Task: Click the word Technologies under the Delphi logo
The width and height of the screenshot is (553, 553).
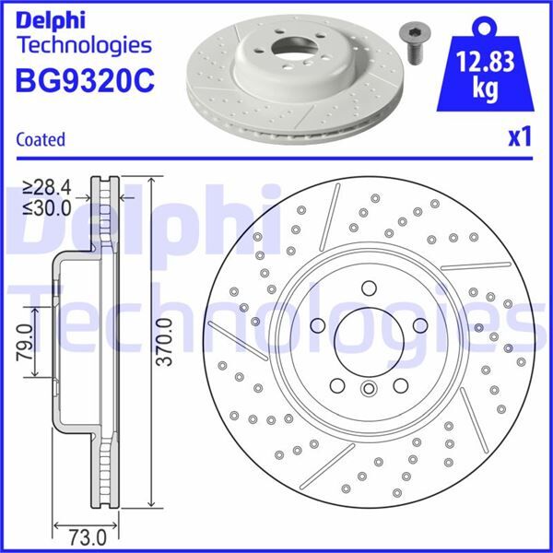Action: point(83,44)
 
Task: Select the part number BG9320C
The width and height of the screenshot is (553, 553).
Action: point(83,79)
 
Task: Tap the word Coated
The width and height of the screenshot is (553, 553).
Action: point(41,140)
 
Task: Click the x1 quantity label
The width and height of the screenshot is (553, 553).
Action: point(520,138)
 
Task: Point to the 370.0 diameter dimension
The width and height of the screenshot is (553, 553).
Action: point(164,342)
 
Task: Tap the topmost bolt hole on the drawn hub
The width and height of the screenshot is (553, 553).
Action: point(367,285)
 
